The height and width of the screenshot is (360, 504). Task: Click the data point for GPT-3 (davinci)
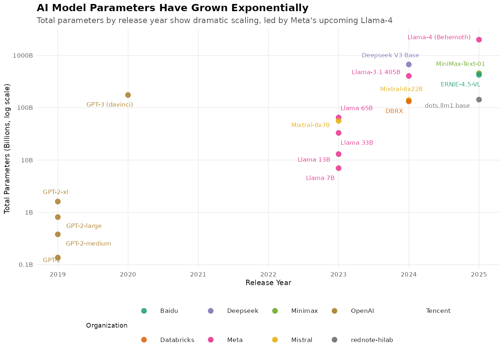[x=128, y=95]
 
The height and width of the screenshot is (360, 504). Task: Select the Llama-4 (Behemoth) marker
[x=479, y=40]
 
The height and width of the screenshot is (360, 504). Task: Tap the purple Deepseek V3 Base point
[x=409, y=64]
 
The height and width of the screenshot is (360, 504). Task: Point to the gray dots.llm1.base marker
[x=479, y=100]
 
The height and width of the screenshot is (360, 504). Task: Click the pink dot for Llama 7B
[x=338, y=168]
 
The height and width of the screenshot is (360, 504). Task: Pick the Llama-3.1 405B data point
[x=409, y=76]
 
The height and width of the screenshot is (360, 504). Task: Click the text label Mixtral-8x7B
[x=310, y=125]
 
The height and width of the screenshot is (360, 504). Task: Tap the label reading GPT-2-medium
[x=88, y=244]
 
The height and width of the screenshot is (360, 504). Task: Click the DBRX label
[x=394, y=111]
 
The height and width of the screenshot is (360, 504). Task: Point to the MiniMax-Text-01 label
[x=460, y=64]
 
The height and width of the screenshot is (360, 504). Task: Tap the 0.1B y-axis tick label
[x=26, y=265]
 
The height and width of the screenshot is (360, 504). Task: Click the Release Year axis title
[x=268, y=283]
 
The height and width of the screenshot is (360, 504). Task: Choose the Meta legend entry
[x=235, y=340]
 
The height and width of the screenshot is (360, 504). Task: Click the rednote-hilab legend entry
[x=372, y=340]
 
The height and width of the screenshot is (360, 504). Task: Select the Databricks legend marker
[x=144, y=340]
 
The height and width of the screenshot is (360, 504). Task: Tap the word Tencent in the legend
[x=438, y=311]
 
